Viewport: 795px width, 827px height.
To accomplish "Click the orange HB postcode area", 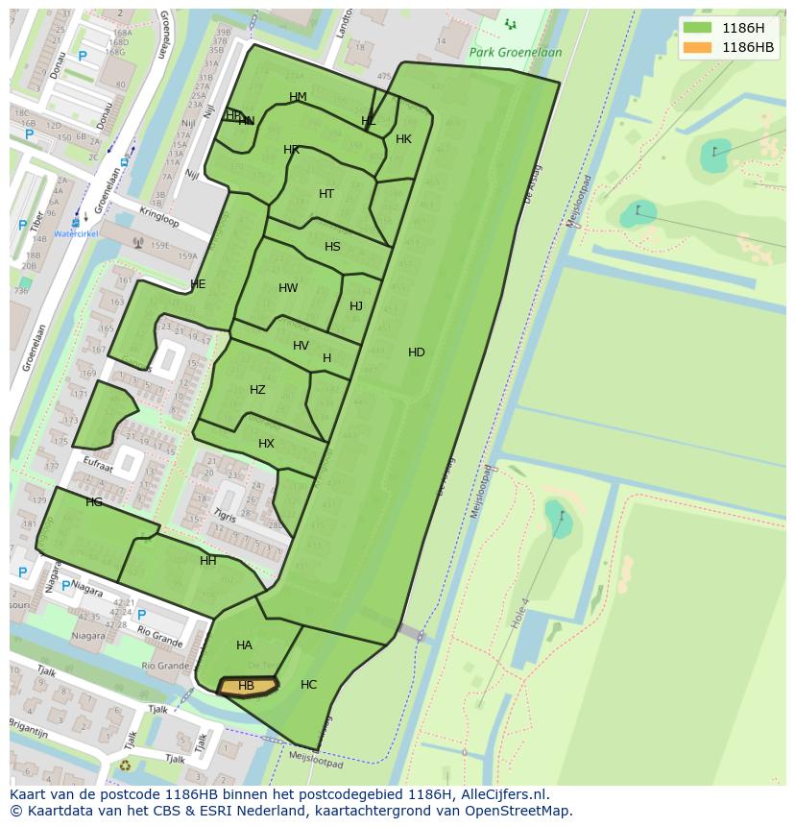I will [x=247, y=686].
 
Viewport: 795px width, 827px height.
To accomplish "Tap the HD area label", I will [x=416, y=353].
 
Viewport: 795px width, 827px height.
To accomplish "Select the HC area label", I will [x=308, y=685].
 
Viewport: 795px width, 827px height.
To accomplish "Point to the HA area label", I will [x=244, y=645].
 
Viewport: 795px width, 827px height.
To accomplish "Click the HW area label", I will [x=288, y=288].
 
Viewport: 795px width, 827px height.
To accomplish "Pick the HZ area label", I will [x=257, y=390].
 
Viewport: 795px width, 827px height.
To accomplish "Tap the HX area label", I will [x=266, y=444].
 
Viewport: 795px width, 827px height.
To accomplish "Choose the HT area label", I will [x=326, y=194].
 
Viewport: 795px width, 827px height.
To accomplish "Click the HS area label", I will [x=332, y=247].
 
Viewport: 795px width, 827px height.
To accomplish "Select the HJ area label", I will [x=356, y=306].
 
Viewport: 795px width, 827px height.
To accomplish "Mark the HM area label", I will [x=298, y=97].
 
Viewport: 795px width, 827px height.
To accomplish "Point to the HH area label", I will [x=207, y=561].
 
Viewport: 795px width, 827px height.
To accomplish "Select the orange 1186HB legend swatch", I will [x=698, y=47].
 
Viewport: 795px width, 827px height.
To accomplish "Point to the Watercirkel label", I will [x=75, y=233].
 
